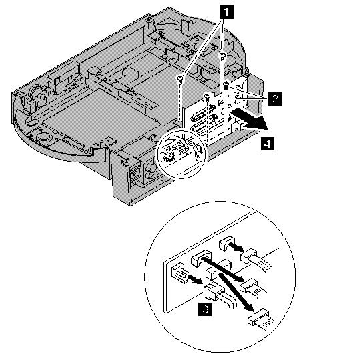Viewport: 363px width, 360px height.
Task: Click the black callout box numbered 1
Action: (x=226, y=12)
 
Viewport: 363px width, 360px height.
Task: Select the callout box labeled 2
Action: (x=275, y=98)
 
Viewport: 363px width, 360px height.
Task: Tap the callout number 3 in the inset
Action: (x=205, y=309)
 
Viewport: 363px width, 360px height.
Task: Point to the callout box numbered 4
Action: (x=268, y=144)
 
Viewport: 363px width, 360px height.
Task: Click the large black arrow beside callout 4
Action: (x=250, y=120)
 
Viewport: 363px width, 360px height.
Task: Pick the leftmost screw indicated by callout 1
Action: (x=180, y=80)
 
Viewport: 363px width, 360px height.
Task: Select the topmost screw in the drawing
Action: (x=222, y=57)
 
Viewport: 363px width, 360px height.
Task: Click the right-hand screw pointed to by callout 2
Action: (x=226, y=85)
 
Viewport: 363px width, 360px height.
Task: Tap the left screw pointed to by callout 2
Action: (x=207, y=96)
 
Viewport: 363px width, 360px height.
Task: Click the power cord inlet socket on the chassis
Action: (x=135, y=174)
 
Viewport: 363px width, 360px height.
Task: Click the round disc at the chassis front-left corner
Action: (x=43, y=136)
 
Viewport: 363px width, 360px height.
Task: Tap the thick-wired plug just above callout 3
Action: (x=214, y=291)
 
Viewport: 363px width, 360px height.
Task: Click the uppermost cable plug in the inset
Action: (x=249, y=256)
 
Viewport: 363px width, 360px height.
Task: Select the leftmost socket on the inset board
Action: (x=179, y=273)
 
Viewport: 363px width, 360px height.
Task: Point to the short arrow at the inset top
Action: (x=236, y=246)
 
